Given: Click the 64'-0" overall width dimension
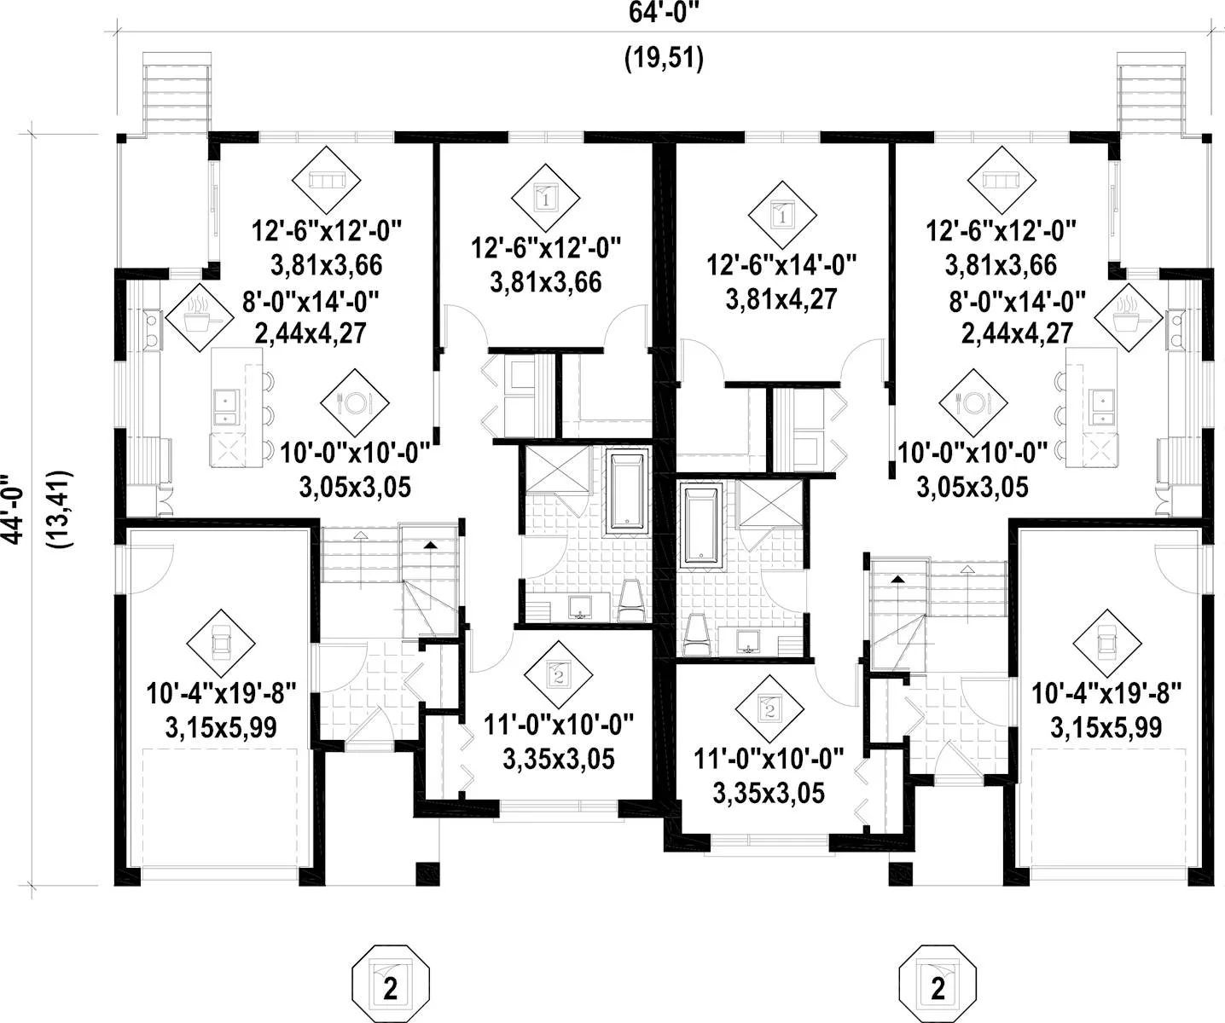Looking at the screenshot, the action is pos(664,12).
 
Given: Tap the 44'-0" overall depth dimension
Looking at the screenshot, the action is pos(13,509).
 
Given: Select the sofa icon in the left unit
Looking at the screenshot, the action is pos(326,180).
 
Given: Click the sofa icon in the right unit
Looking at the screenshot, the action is pos(1001,180).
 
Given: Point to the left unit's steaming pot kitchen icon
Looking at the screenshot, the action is pos(200,318).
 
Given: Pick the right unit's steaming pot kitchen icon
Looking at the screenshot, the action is pos(1129,318).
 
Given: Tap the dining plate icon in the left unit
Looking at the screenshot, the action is pos(355,402).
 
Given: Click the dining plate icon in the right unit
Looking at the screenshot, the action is pos(973,402).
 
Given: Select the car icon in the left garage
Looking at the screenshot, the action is pos(221,643).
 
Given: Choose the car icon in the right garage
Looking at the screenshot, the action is pos(1107,643).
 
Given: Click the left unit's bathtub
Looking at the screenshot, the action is pos(628,491).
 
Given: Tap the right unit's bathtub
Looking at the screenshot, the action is pos(701,525).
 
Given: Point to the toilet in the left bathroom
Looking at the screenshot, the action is pos(631,601).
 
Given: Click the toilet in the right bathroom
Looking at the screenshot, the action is pos(697,635).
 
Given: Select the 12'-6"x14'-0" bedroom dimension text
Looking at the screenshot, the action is pos(782,265).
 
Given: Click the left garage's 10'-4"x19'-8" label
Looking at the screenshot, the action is pos(221,694).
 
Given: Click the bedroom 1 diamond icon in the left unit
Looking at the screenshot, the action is pos(546,198).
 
